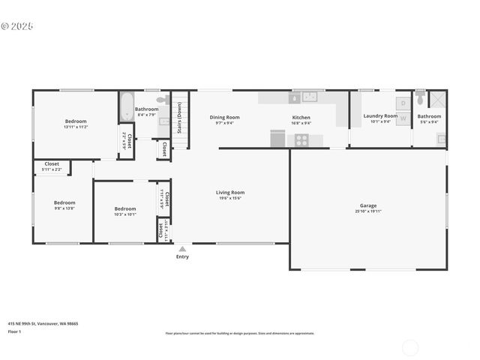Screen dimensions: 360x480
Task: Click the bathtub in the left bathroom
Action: [126, 106]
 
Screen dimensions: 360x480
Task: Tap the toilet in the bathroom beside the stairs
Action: [162, 100]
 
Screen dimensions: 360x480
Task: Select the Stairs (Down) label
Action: [179, 117]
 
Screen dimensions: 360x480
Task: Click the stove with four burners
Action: [301, 139]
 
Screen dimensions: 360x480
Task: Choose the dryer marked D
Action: [403, 103]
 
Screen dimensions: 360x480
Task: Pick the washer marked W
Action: [403, 118]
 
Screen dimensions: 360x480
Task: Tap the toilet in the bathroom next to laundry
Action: [420, 99]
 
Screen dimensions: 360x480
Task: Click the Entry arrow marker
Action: [182, 248]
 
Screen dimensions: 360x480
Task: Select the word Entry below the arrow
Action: [182, 256]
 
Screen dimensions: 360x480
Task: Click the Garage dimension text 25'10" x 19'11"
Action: [368, 211]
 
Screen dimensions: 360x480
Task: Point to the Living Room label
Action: [230, 192]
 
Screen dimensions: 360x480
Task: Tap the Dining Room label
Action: [224, 117]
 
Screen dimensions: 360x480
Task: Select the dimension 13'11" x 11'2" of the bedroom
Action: [76, 127]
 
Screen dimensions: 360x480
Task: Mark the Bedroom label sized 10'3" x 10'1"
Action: [125, 208]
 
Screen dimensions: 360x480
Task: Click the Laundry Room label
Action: [380, 116]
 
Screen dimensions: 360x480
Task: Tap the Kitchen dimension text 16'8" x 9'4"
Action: [301, 123]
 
